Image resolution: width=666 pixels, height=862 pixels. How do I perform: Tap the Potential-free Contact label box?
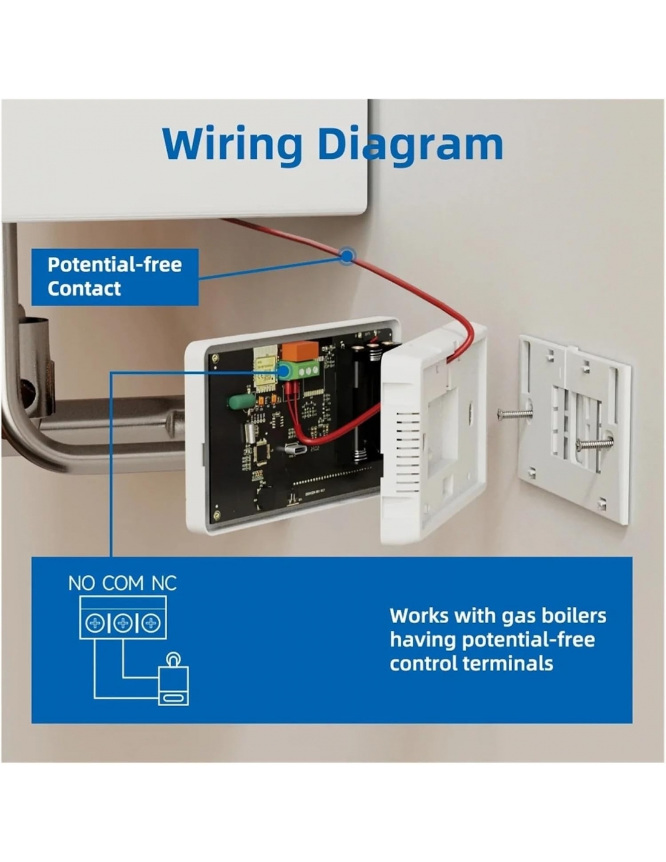pyautogui.click(x=114, y=276)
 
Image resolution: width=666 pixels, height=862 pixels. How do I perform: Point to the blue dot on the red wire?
pyautogui.click(x=347, y=256)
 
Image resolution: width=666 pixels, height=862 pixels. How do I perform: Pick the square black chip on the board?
pyautogui.click(x=262, y=451)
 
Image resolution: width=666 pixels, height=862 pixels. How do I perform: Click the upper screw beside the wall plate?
pyautogui.click(x=515, y=415)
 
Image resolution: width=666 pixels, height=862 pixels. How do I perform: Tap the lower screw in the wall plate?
pyautogui.click(x=594, y=444)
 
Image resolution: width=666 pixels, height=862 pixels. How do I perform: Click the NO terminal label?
pyautogui.click(x=81, y=583)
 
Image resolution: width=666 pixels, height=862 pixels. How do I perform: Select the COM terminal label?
pyautogui.click(x=123, y=583)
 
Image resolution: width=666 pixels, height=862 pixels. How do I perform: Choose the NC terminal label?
pyautogui.click(x=163, y=583)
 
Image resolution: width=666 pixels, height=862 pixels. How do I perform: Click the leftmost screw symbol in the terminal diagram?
pyautogui.click(x=94, y=623)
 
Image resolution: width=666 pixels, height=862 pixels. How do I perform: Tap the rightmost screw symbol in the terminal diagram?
pyautogui.click(x=151, y=623)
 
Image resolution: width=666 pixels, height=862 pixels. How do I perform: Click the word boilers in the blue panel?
pyautogui.click(x=572, y=616)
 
